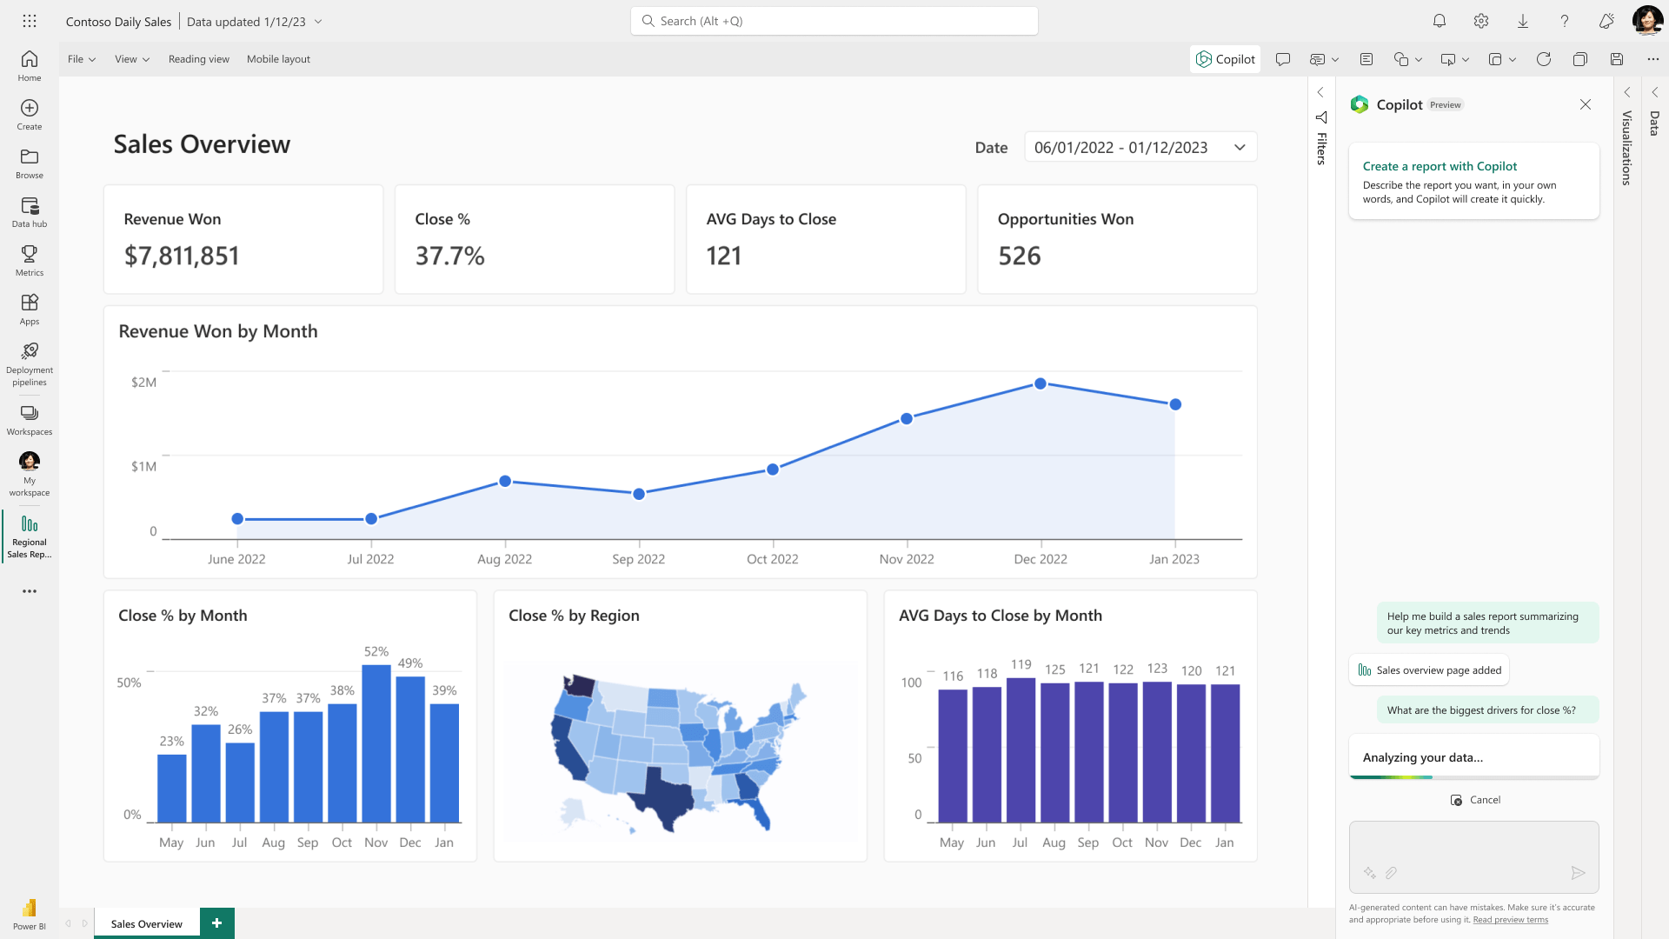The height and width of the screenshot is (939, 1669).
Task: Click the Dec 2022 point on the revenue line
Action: tap(1041, 383)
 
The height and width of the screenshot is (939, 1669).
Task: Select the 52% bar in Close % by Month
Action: tap(376, 743)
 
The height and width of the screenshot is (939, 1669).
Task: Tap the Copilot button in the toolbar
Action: tap(1225, 59)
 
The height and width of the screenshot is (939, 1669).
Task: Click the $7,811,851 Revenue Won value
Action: tap(182, 256)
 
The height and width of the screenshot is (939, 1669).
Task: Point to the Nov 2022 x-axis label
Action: tap(906, 559)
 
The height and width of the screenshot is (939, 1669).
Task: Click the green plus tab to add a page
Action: tap(216, 922)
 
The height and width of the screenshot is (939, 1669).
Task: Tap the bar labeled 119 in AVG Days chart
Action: tap(1021, 749)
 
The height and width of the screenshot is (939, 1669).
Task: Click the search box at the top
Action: tap(834, 21)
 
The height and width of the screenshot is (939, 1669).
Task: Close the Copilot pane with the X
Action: tap(1586, 104)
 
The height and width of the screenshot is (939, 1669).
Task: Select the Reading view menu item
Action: tap(199, 59)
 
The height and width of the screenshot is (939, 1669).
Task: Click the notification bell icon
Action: tap(1440, 21)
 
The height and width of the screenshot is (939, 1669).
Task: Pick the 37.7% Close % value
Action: tap(449, 256)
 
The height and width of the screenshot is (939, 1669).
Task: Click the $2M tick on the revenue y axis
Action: tap(143, 383)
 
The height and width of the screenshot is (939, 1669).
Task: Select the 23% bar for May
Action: tap(172, 788)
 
